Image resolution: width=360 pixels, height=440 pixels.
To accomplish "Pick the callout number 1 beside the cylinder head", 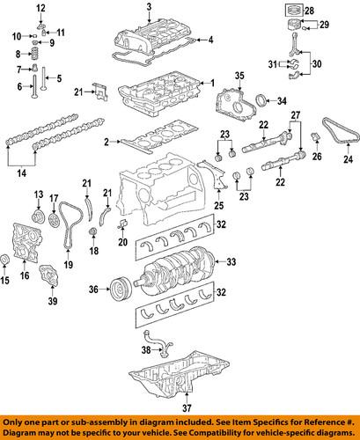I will [x=211, y=82].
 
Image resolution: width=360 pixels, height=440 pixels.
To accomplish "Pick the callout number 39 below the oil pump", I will [x=52, y=303].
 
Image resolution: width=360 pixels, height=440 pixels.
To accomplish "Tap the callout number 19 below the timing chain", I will [x=67, y=263].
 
